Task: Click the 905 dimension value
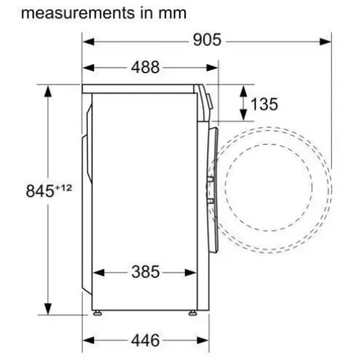pyautogui.click(x=207, y=40)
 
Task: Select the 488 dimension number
pyautogui.click(x=145, y=67)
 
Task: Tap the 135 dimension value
pyautogui.click(x=264, y=104)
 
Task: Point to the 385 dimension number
pyautogui.click(x=145, y=272)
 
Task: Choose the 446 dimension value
pyautogui.click(x=145, y=341)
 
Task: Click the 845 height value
pyautogui.click(x=40, y=192)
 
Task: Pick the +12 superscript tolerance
pyautogui.click(x=63, y=188)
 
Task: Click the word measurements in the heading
pyautogui.click(x=78, y=13)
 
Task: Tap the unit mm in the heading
pyautogui.click(x=172, y=14)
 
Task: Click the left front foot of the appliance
pyautogui.click(x=97, y=312)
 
